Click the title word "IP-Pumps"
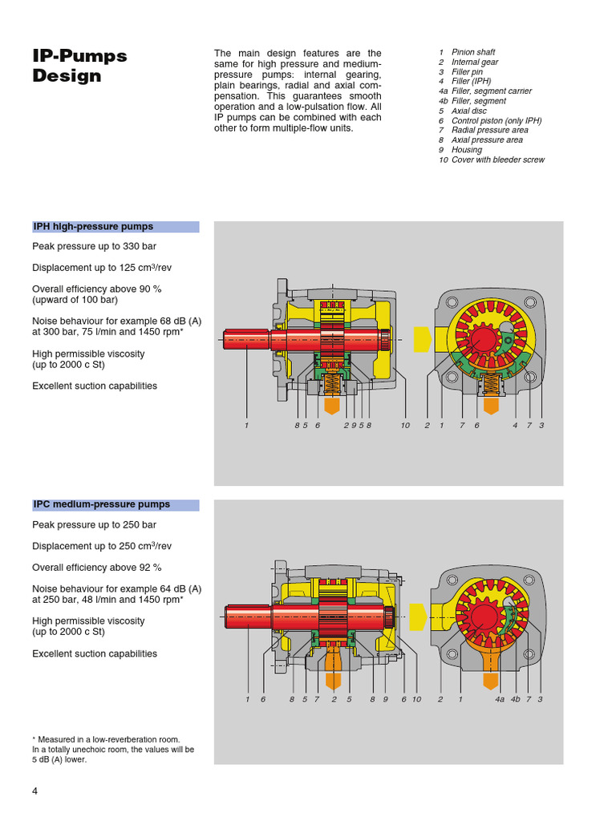79,56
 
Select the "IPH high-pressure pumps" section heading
93,227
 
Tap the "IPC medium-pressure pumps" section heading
101,505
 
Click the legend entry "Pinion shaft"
473,52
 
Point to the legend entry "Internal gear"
474,62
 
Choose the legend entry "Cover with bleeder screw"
497,160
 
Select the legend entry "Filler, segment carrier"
491,91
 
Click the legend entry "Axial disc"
469,111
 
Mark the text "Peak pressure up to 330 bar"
95,247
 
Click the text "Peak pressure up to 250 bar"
95,525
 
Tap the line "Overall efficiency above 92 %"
97,568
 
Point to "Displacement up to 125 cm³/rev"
102,268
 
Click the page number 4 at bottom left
34,791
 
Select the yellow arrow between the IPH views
421,338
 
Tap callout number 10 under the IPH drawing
405,426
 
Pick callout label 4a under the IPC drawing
500,700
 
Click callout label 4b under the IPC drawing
516,700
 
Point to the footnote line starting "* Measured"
106,739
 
